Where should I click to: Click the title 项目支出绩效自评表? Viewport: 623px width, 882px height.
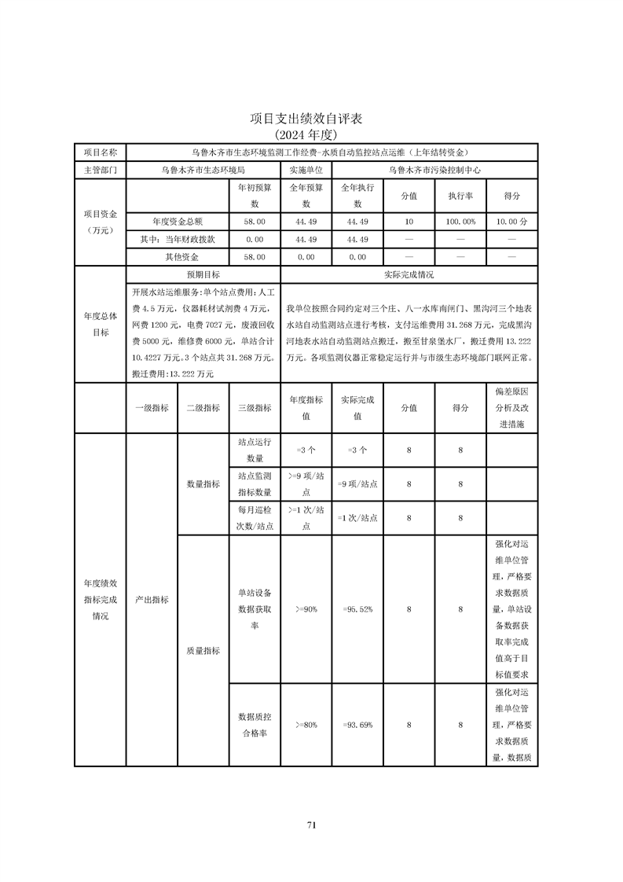311,119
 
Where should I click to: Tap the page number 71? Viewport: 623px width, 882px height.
311,825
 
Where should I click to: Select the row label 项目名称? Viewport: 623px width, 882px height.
100,152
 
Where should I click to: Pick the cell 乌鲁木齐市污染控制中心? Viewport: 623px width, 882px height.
434,169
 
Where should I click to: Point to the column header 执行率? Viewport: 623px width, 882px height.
460,196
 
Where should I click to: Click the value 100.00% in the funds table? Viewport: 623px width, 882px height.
460,222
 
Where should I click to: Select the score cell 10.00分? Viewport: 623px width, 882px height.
511,222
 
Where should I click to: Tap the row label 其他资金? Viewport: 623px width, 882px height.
181,257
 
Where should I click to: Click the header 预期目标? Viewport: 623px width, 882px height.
203,275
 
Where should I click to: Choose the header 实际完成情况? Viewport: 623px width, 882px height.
409,275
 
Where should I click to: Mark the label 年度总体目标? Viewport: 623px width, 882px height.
100,324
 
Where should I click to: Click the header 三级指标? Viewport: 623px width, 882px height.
255,408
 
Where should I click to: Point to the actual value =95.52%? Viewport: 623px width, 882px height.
357,609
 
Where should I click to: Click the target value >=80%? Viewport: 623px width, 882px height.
306,725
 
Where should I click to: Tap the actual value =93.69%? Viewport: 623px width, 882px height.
357,725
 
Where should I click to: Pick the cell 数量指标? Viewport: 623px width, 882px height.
203,485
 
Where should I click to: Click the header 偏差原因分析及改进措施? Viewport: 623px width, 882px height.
511,408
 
